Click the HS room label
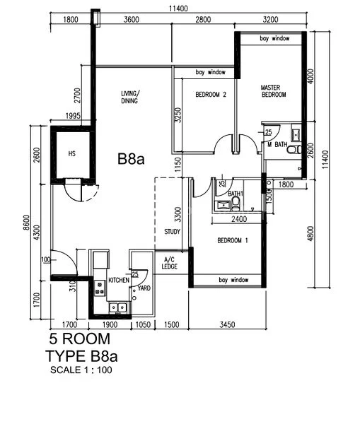click(x=71, y=153)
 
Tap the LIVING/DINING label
click(x=129, y=97)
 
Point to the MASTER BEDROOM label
click(x=273, y=90)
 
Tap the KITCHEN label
click(x=118, y=281)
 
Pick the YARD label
click(x=144, y=288)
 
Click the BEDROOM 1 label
click(x=232, y=241)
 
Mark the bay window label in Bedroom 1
click(x=234, y=281)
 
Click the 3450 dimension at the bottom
click(x=228, y=324)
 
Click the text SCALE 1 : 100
click(x=81, y=370)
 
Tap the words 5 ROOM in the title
click(x=79, y=339)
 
